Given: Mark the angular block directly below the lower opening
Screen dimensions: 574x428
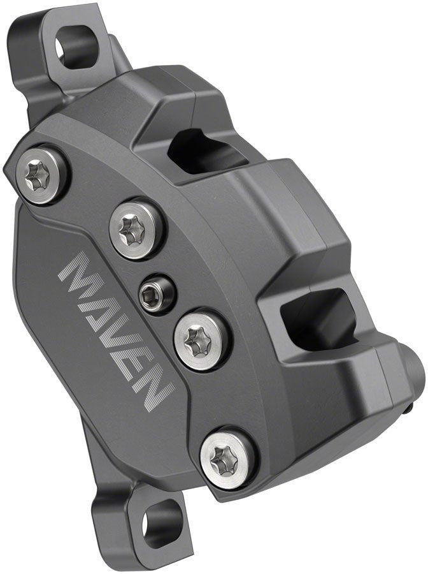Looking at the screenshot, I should (x=331, y=383).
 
